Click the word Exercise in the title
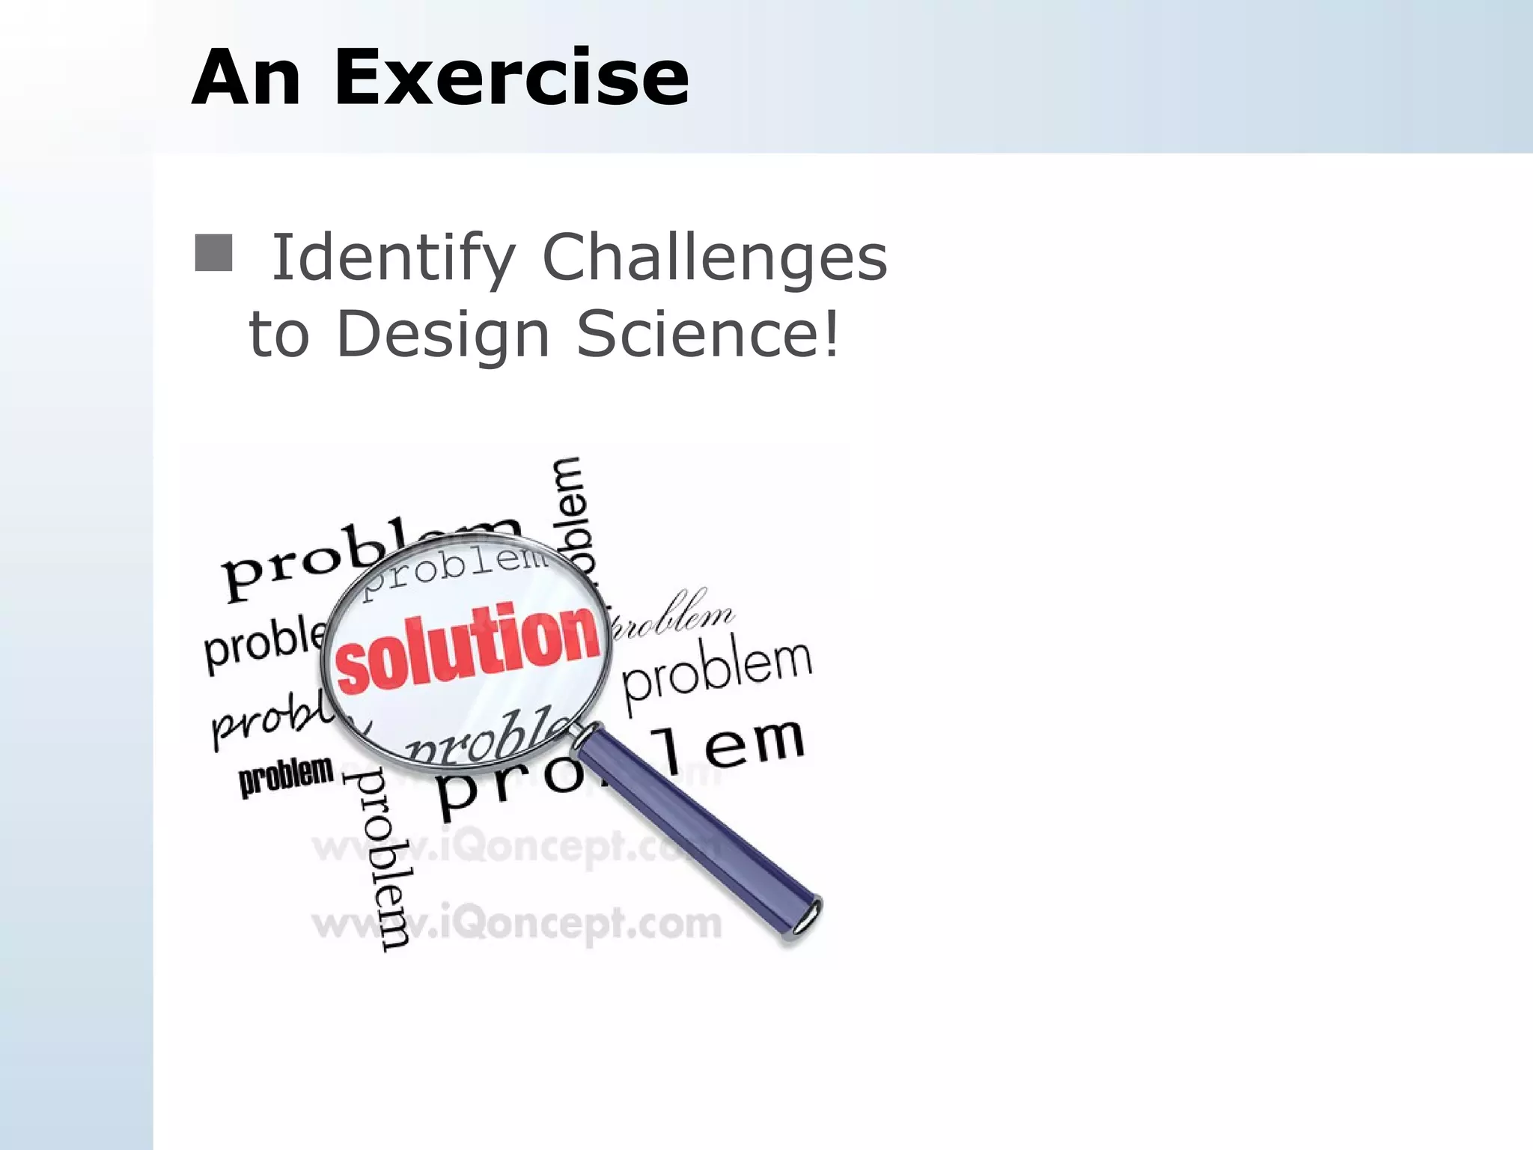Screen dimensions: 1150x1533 pyautogui.click(x=511, y=78)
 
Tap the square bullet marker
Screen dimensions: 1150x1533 pyautogui.click(x=213, y=253)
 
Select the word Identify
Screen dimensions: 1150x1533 pyautogui.click(x=393, y=258)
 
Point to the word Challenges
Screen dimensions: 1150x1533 pyautogui.click(x=714, y=257)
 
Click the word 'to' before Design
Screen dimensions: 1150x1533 pyautogui.click(x=278, y=335)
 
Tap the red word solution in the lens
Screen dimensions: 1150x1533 pyautogui.click(x=468, y=648)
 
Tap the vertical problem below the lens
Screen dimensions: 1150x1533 pyautogui.click(x=382, y=861)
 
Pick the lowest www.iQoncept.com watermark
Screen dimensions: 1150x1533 pyautogui.click(x=516, y=923)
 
